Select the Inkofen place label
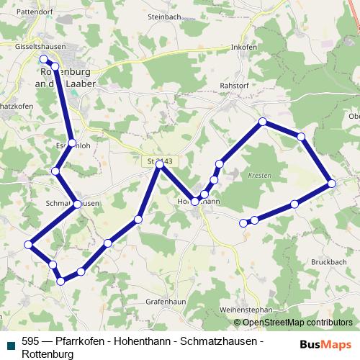coord(244,48)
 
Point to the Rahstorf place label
coord(233,85)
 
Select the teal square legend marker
coord(9,343)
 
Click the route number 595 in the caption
coord(30,343)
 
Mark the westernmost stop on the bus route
coord(29,245)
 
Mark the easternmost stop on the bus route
coord(332,184)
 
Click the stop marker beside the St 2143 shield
coord(160,165)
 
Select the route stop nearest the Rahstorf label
coord(263,122)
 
